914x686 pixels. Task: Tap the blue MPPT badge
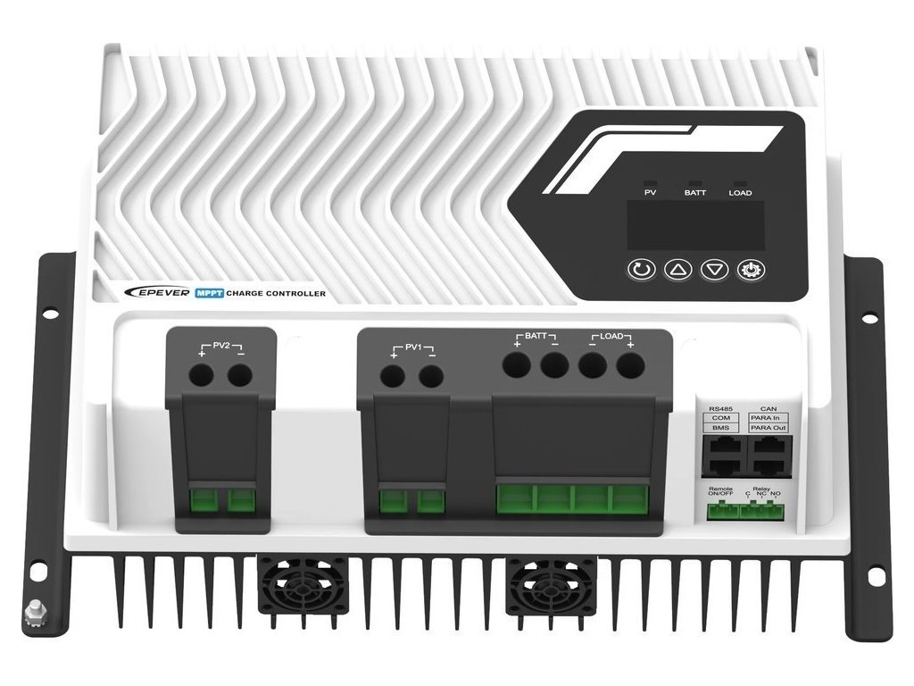(209, 293)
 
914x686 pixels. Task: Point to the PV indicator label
(650, 193)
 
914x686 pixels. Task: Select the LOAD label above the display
(740, 193)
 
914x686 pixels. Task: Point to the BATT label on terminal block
(536, 337)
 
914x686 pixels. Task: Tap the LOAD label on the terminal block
(611, 337)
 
